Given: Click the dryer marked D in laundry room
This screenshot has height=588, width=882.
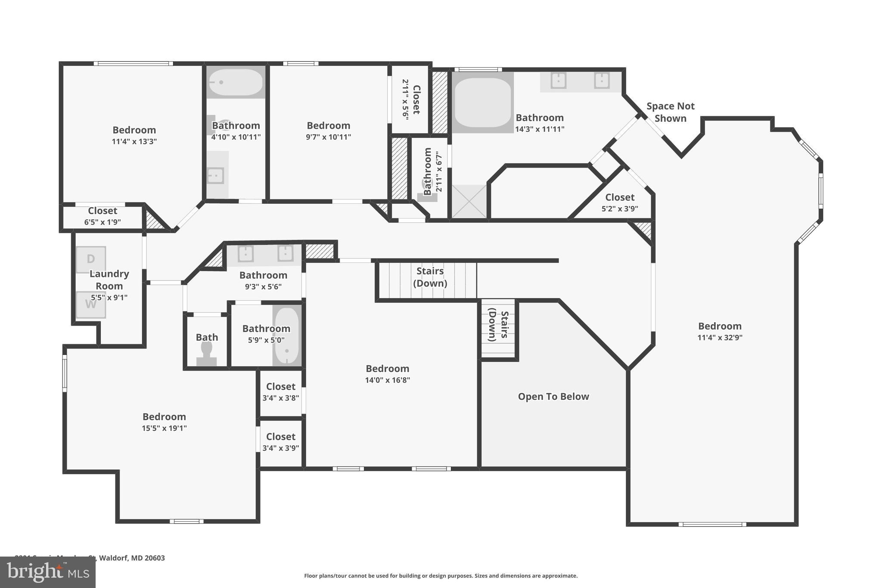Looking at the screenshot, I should [x=91, y=259].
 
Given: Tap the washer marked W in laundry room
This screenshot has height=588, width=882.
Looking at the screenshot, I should [x=91, y=305].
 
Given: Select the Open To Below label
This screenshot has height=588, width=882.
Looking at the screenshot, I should [x=553, y=396].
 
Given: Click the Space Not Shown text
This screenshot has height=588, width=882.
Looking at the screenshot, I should [x=670, y=112].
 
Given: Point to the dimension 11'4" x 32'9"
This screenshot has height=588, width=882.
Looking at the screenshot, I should [x=720, y=338].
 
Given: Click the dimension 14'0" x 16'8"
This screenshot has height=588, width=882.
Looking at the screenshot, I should [x=387, y=380].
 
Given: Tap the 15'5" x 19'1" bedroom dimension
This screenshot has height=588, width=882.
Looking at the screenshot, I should [x=164, y=428].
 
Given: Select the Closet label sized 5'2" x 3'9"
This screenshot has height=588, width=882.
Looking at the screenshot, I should [x=619, y=197].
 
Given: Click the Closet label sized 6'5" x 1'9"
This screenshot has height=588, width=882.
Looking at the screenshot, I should [x=102, y=211].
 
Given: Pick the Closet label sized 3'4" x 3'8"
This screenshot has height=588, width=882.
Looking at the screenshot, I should [x=280, y=386].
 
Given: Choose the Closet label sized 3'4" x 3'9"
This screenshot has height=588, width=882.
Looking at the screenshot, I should [x=280, y=437].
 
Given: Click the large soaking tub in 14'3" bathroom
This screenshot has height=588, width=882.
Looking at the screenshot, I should [x=483, y=103].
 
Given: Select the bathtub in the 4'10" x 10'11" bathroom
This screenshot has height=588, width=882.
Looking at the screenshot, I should [x=236, y=82].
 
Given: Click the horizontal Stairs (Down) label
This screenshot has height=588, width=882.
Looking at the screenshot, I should [x=430, y=277].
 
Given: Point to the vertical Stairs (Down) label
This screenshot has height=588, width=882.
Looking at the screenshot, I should [x=498, y=326].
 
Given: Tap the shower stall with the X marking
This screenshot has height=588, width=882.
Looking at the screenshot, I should [x=469, y=201].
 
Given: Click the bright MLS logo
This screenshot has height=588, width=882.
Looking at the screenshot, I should [x=47, y=572].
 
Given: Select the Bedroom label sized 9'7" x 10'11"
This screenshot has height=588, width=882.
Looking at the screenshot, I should [x=328, y=125].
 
